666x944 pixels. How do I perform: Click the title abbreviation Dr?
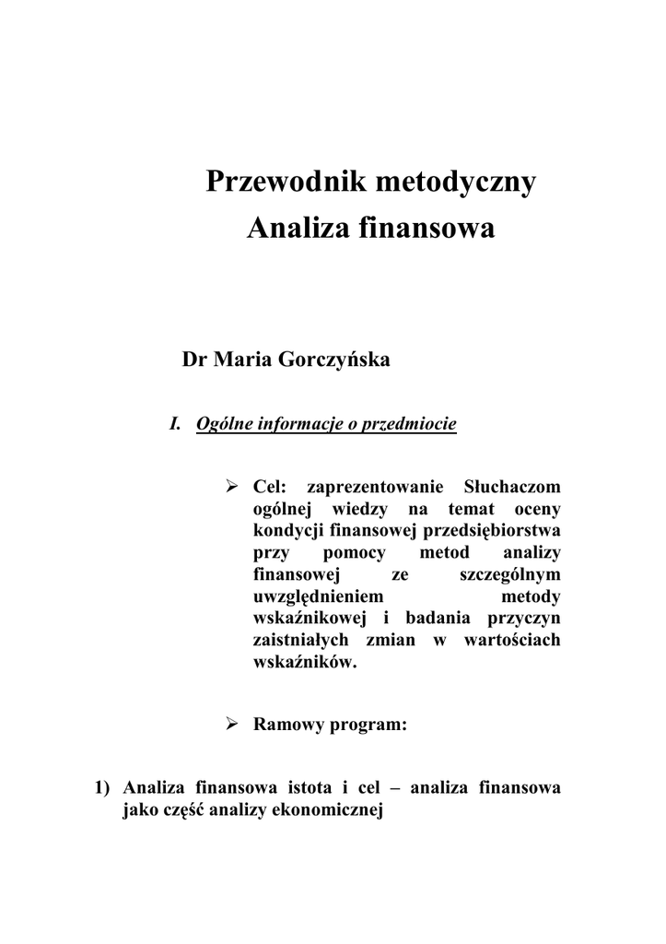pyautogui.click(x=194, y=360)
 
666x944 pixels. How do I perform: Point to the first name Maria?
pyautogui.click(x=238, y=360)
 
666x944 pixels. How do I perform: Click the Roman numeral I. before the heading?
pyautogui.click(x=174, y=425)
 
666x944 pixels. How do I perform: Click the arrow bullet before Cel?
pyautogui.click(x=233, y=486)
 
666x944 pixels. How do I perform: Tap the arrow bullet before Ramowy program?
pyautogui.click(x=233, y=724)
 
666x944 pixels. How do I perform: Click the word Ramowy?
pyautogui.click(x=287, y=725)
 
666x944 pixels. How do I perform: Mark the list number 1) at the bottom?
pyautogui.click(x=103, y=789)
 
